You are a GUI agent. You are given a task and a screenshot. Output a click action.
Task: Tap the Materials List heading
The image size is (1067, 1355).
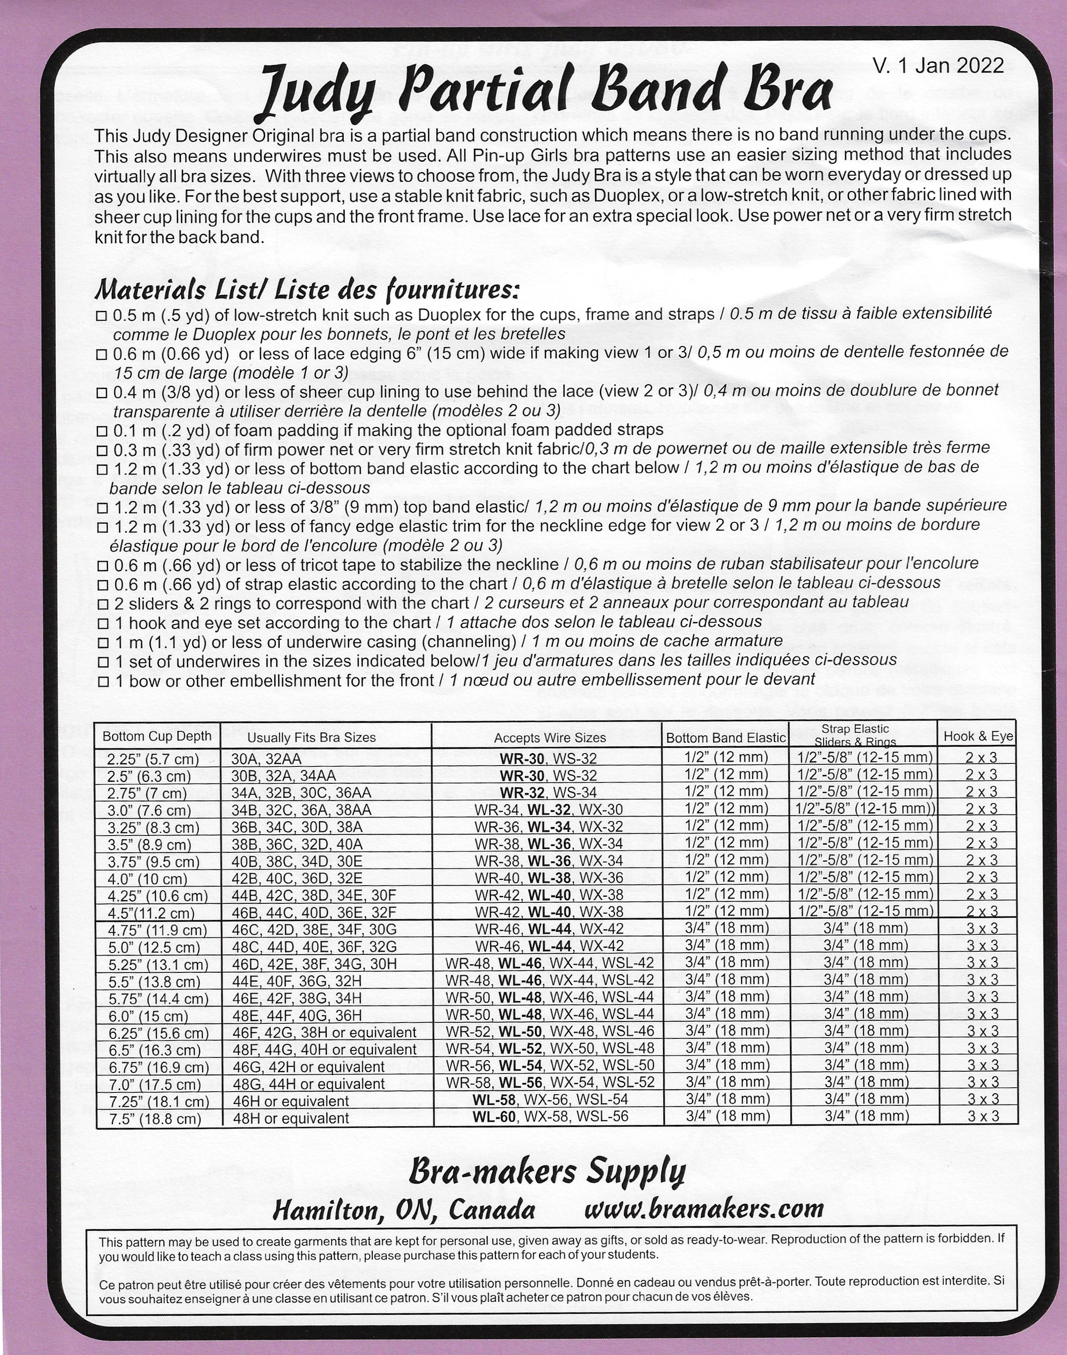tap(306, 290)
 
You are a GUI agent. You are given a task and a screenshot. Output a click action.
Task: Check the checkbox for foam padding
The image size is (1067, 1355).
tap(102, 431)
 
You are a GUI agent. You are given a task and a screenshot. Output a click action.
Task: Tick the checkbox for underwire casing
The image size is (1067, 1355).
tap(102, 643)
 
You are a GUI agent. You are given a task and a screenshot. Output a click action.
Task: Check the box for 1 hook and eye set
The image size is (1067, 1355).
tap(102, 624)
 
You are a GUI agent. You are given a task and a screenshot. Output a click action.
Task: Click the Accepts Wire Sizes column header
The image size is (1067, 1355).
tap(550, 738)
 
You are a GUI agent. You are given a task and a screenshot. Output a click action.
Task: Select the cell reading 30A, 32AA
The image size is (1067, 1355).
tap(266, 759)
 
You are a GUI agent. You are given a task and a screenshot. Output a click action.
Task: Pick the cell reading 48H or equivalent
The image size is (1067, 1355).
tap(291, 1118)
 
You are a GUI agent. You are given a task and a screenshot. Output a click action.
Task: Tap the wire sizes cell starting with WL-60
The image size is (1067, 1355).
tap(550, 1116)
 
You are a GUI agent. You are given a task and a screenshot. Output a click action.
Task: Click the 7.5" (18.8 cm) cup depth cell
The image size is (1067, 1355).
tap(154, 1119)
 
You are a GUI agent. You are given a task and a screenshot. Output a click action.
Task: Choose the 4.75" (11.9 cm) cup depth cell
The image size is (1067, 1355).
tap(157, 930)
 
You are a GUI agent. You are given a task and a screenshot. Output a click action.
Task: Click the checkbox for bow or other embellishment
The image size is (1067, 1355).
tap(102, 681)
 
